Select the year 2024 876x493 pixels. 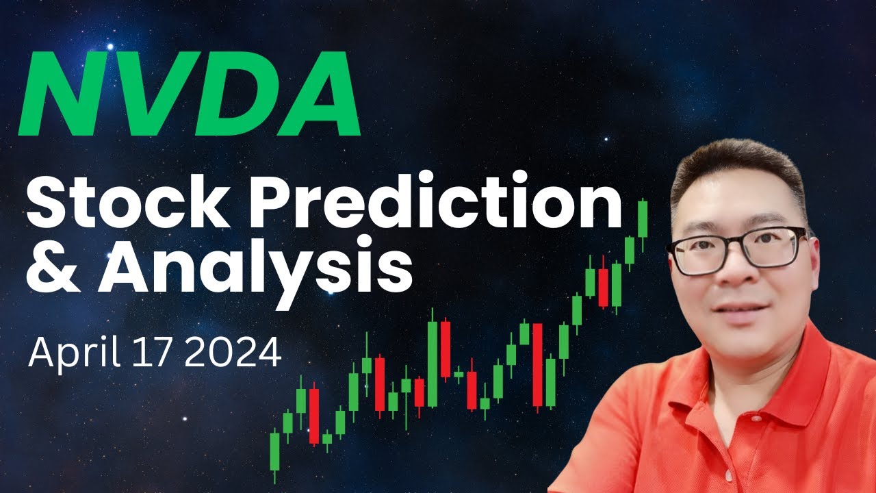pyautogui.click(x=233, y=354)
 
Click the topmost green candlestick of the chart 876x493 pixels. pyautogui.click(x=643, y=218)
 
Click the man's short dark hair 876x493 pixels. pyautogui.click(x=732, y=171)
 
